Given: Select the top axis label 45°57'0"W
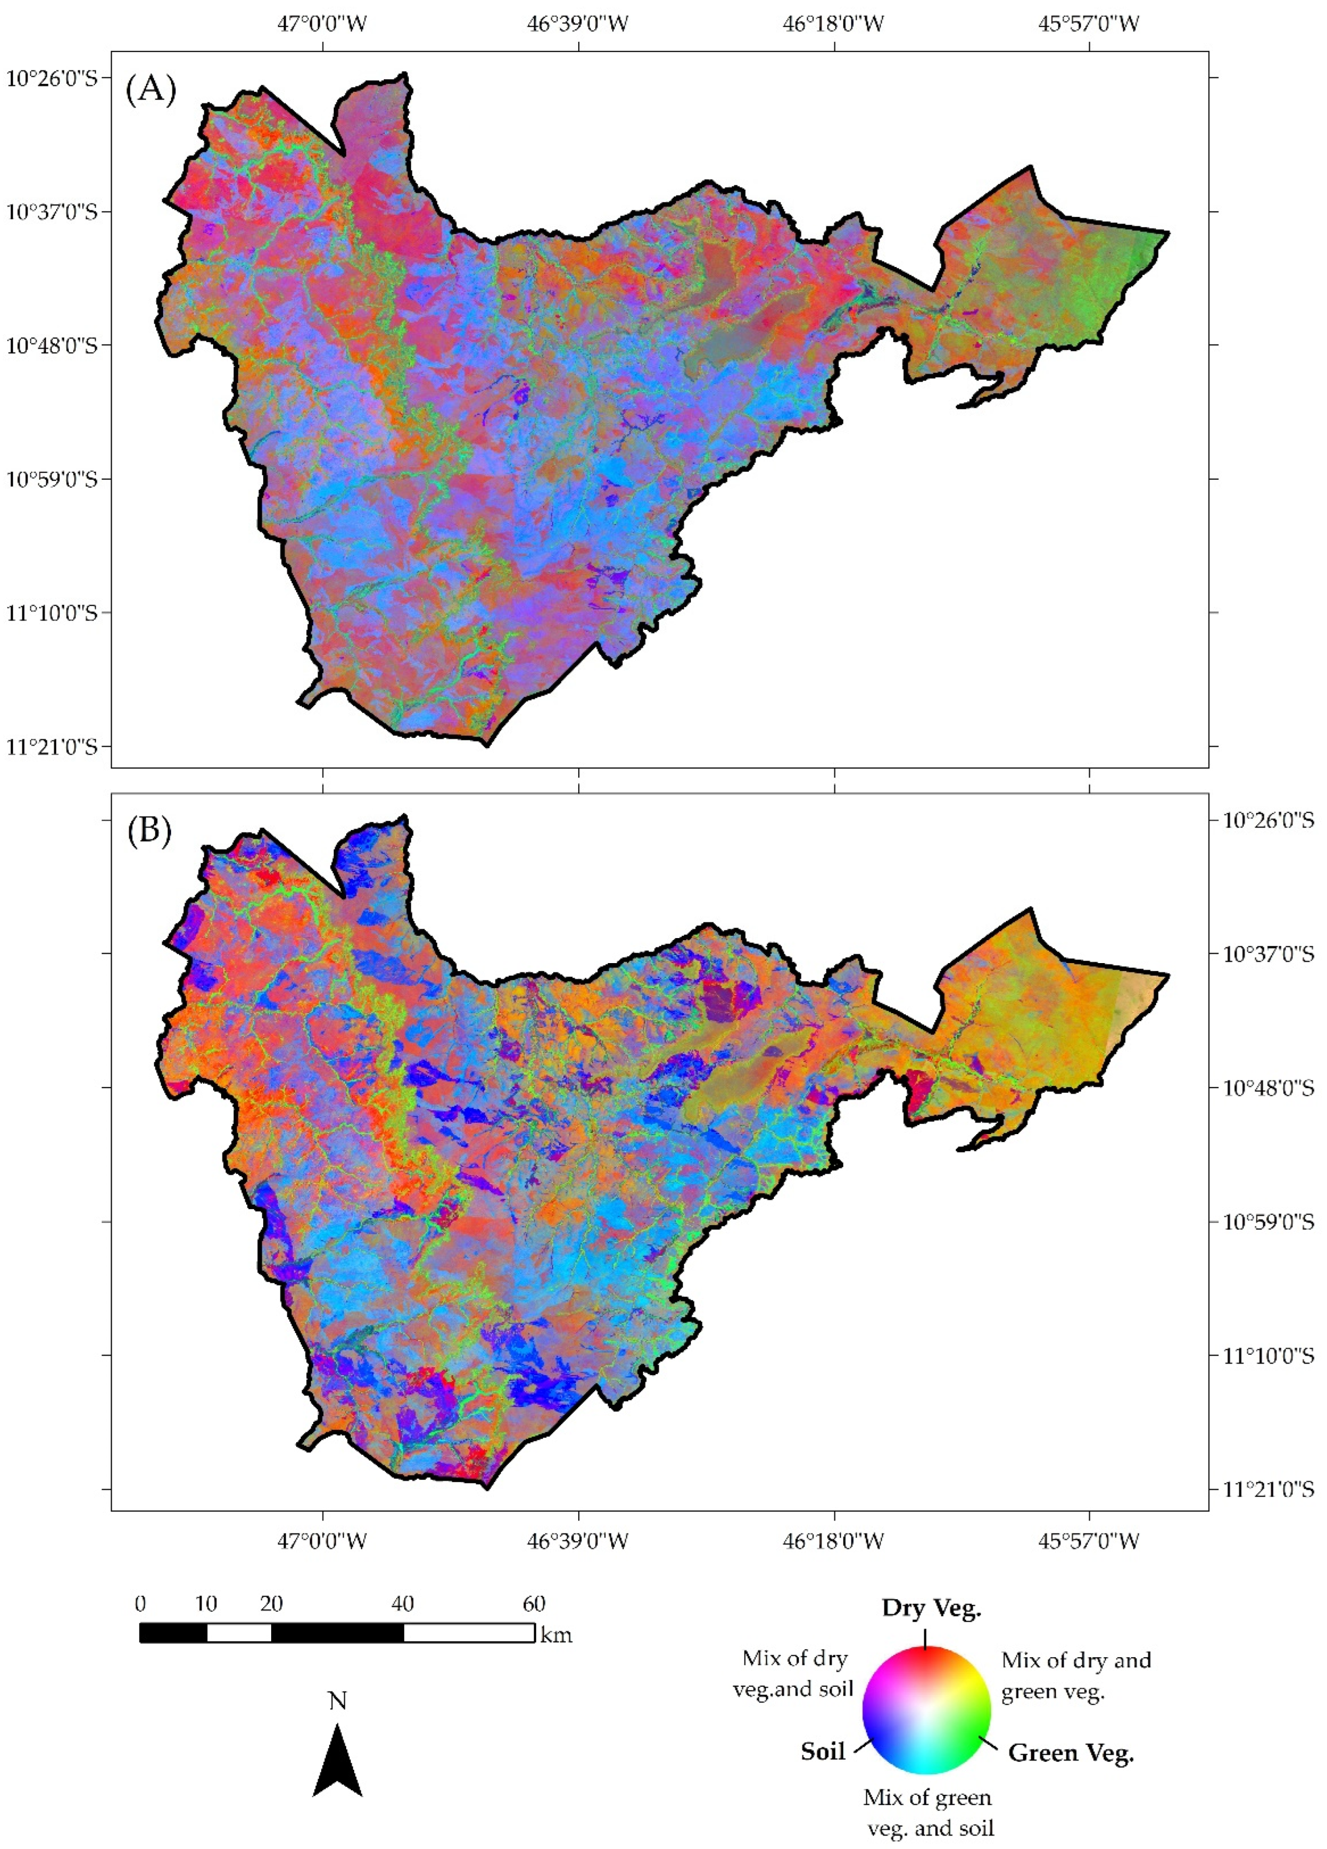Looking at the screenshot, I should coord(1089,23).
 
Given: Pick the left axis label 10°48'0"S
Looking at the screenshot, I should coord(52,346).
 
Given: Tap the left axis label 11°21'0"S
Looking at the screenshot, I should coord(52,747).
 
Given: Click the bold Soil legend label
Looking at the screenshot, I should coord(822,1751).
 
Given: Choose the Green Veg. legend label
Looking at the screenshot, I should coord(1070,1753).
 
